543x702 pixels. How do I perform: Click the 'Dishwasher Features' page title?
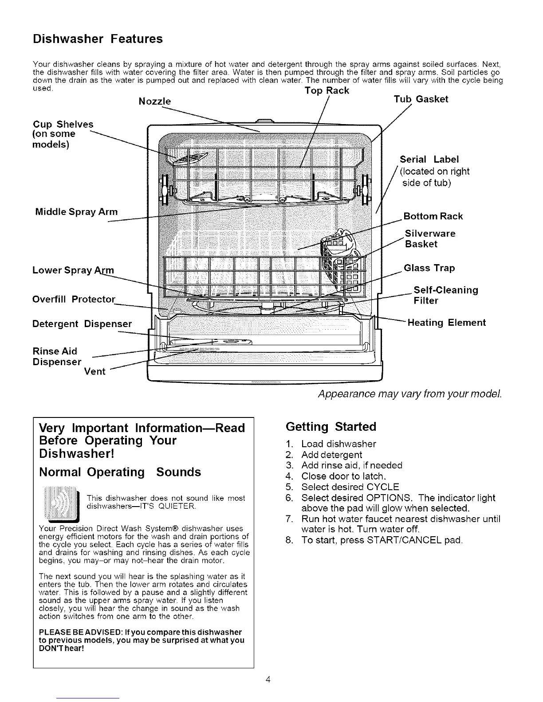tap(98, 39)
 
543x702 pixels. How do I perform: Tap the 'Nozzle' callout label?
tap(154, 101)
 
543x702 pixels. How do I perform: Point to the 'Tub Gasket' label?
tap(421, 99)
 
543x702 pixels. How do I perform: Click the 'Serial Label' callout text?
tap(429, 160)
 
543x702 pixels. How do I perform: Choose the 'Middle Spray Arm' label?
tap(76, 212)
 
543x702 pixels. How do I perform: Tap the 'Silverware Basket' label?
tap(430, 239)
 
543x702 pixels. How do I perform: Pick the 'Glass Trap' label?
tap(429, 268)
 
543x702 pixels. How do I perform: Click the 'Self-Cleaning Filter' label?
tap(445, 295)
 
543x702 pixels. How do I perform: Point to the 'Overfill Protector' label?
tap(74, 299)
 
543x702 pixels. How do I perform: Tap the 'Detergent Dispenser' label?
tap(82, 324)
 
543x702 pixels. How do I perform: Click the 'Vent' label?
tap(94, 371)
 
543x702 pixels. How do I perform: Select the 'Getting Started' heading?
tap(331, 427)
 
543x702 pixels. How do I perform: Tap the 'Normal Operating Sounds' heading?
tap(120, 472)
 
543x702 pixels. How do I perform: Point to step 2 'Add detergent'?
tap(331, 455)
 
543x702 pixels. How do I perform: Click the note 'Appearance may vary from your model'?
tap(410, 394)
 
